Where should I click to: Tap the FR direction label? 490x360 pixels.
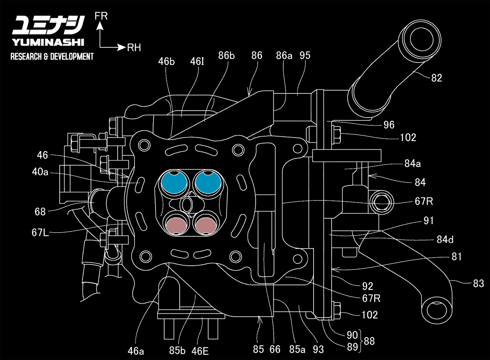tap(100, 16)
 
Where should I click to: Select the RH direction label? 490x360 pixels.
tap(134, 48)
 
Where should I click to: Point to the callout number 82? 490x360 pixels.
tap(437, 78)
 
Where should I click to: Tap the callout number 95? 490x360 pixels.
tap(305, 55)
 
